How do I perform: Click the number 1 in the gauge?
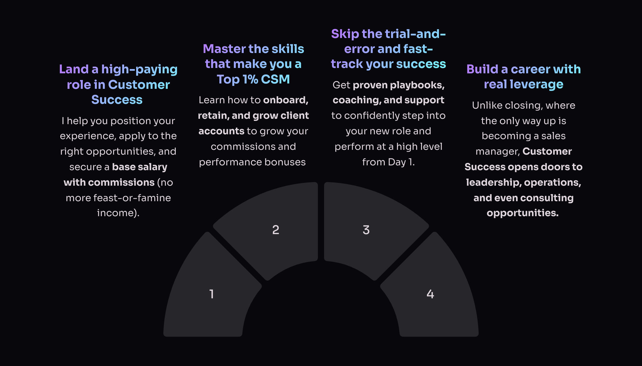[212, 294]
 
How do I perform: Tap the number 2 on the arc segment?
[276, 230]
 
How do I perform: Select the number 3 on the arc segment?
[366, 230]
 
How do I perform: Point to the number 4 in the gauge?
[430, 294]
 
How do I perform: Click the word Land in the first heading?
[74, 69]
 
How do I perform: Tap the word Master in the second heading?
[224, 49]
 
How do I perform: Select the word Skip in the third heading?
[345, 34]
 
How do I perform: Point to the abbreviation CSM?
[275, 79]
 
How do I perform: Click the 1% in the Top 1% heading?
[250, 79]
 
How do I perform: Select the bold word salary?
[152, 167]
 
